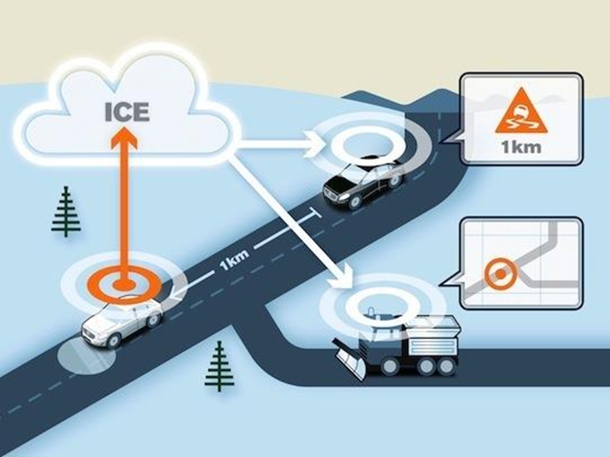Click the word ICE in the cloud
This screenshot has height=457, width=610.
coord(127,112)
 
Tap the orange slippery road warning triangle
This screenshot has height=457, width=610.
coord(521,115)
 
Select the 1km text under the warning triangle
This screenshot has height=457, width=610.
coord(521,147)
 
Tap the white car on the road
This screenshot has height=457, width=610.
coord(122,321)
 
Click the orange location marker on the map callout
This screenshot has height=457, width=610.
coord(500,274)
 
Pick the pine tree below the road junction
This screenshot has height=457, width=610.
coord(220,366)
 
